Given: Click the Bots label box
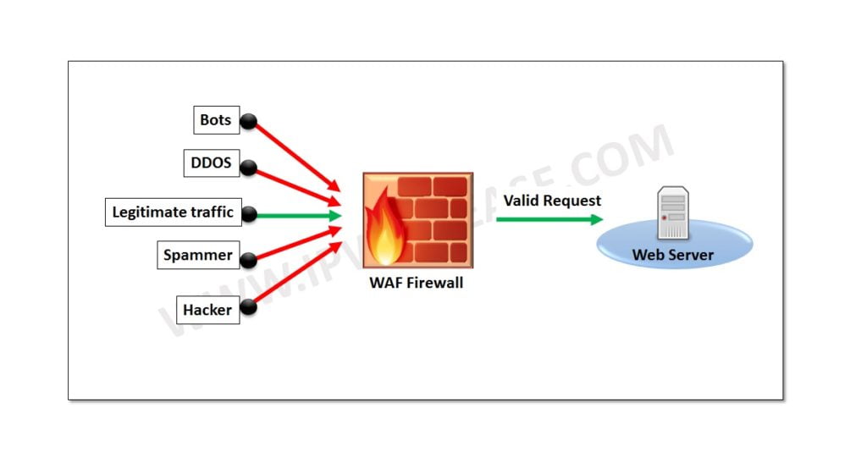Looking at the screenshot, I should tap(215, 120).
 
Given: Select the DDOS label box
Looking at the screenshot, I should tap(210, 163).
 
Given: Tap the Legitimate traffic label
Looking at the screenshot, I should tap(173, 212).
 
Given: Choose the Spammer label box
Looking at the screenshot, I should tap(197, 255).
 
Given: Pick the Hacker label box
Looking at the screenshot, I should tap(207, 310).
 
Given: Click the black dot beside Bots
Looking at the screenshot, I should tap(248, 122).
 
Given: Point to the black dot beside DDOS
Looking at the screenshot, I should tap(248, 168).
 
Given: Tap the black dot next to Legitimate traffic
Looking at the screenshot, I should tap(249, 215).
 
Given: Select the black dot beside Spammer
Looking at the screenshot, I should tap(249, 257).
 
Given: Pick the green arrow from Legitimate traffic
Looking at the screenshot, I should tap(296, 215).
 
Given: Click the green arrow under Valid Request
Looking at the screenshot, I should tap(549, 219).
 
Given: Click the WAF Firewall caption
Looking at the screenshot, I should tap(416, 283).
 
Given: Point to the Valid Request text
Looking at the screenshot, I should tap(552, 201).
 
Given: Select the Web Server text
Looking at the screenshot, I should tap(672, 255).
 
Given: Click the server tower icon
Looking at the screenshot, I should tap(673, 214).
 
